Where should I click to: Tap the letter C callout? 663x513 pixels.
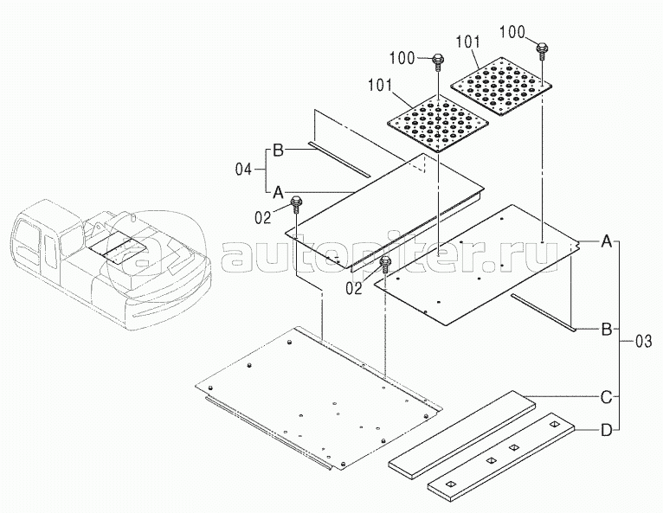(x=608, y=398)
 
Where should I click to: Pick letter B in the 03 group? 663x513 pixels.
(x=608, y=330)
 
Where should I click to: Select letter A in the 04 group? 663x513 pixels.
(x=279, y=191)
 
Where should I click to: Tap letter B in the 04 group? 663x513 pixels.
(x=279, y=151)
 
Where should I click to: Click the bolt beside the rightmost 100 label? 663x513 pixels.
(x=542, y=48)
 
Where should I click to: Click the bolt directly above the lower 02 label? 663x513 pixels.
(x=385, y=262)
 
